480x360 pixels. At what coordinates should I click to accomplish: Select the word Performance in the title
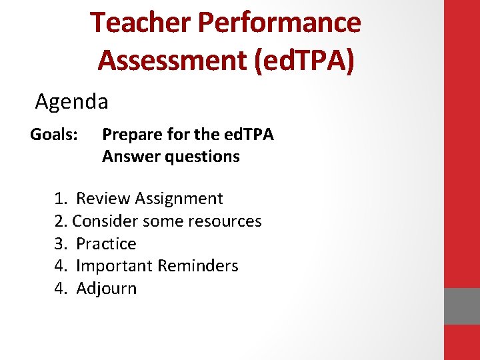280,23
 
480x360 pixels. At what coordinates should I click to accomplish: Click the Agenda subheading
71,102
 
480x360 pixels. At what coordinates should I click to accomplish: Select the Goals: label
55,135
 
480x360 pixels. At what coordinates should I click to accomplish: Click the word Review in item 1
103,199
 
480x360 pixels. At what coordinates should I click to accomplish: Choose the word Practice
106,243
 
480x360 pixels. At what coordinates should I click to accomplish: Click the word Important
114,266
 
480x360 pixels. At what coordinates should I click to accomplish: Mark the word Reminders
198,266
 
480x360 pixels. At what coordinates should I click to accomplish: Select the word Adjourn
106,289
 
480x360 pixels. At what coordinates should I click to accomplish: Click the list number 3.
61,243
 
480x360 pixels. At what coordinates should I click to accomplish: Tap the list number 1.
61,199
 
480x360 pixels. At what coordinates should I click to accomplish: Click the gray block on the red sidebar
461,306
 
